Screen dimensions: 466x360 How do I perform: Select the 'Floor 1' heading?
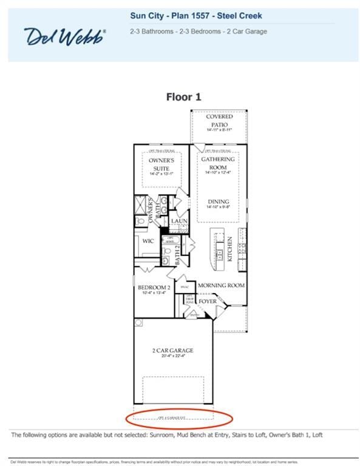pos(183,96)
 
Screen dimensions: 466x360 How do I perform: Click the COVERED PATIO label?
pos(219,120)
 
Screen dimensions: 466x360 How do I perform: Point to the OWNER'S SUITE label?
pos(162,164)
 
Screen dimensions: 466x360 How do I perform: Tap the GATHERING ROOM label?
pos(218,163)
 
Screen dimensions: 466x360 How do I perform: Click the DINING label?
pos(218,202)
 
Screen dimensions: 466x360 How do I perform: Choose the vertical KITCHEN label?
pos(230,249)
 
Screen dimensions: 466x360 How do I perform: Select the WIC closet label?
pos(148,241)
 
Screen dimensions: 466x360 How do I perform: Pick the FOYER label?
pos(208,300)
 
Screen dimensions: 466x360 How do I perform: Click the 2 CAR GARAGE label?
pos(172,350)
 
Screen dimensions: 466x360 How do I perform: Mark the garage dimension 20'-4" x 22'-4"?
pos(172,357)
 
